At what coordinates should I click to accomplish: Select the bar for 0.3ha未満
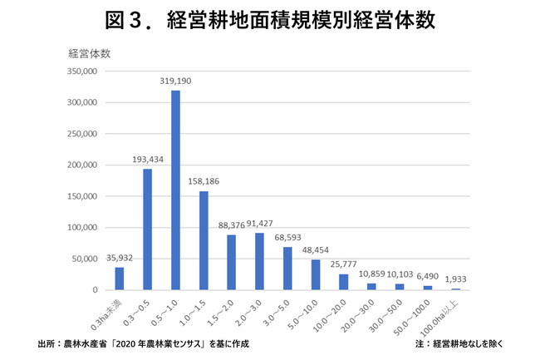120,279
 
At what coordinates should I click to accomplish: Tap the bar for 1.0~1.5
204,240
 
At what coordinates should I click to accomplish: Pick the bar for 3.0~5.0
287,268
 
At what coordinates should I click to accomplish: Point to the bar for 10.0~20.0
344,282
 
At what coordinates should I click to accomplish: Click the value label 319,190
175,81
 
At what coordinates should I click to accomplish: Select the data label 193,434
147,160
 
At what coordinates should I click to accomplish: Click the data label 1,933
455,279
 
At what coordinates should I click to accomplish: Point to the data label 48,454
316,250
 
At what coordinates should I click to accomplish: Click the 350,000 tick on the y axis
82,72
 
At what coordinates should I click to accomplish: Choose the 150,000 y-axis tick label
82,196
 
